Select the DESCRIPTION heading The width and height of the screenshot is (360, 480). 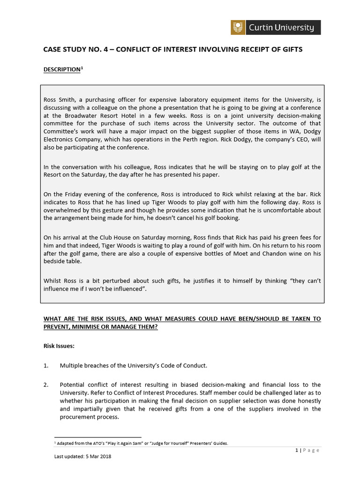click(62, 69)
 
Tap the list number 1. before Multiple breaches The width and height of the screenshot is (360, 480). click(46, 365)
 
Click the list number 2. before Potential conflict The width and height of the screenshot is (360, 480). click(46, 385)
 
